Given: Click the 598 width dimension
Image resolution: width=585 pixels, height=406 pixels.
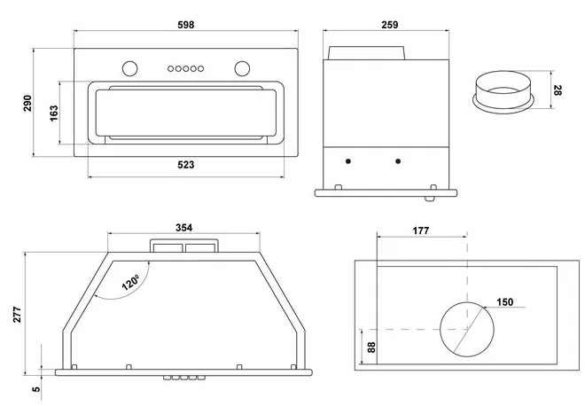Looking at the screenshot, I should [185, 23].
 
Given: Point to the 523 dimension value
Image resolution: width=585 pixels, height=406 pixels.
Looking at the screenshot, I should [185, 165].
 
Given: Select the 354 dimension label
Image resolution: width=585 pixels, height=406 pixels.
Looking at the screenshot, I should [183, 229].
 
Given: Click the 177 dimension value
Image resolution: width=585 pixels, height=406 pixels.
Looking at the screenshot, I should [420, 230].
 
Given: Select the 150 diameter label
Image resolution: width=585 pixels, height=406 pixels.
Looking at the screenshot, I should [504, 302].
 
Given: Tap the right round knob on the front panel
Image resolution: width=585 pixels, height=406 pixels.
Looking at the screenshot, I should [242, 67].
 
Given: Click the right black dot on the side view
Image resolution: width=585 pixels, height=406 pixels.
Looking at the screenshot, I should [398, 160].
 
